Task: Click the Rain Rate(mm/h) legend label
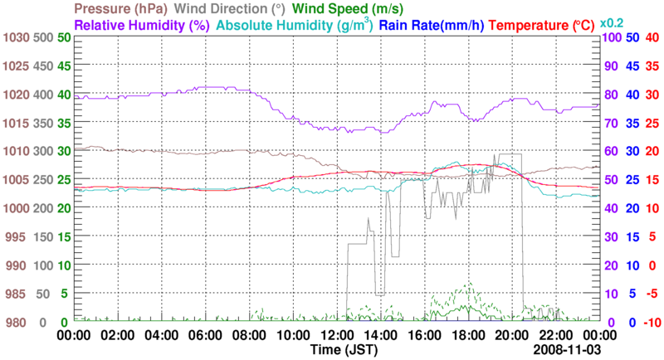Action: [x=432, y=25]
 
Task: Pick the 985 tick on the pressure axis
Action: [x=17, y=294]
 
